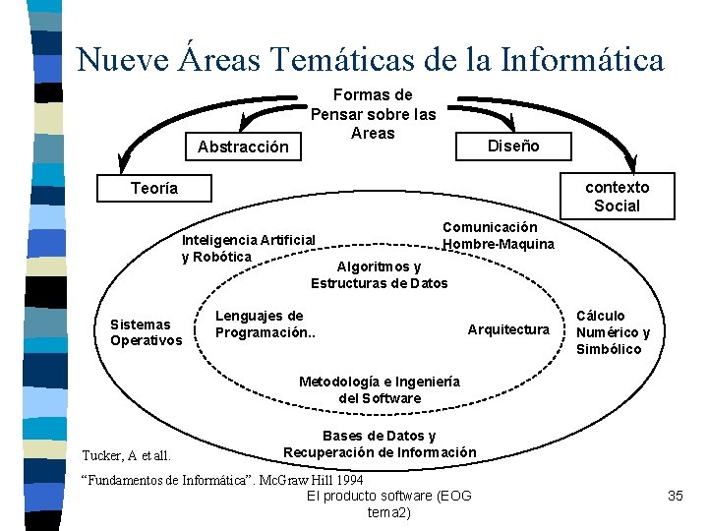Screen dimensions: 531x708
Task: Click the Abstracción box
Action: click(x=243, y=147)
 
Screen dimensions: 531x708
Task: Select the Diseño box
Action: click(x=513, y=146)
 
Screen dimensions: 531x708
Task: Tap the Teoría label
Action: click(x=154, y=188)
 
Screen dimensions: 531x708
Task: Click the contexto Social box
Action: click(x=617, y=197)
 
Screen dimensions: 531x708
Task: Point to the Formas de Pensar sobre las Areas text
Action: click(x=373, y=114)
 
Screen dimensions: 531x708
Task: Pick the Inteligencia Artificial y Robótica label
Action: click(x=249, y=248)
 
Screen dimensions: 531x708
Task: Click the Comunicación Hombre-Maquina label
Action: click(x=498, y=235)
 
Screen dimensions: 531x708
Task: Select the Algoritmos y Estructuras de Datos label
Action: click(x=379, y=275)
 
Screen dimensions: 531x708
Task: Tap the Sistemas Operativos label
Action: click(x=146, y=332)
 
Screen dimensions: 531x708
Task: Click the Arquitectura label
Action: click(x=508, y=329)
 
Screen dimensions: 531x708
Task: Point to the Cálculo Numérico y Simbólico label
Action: click(x=613, y=332)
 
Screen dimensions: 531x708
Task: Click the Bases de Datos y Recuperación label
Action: click(x=380, y=444)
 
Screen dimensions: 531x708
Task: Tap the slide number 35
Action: click(x=675, y=496)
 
